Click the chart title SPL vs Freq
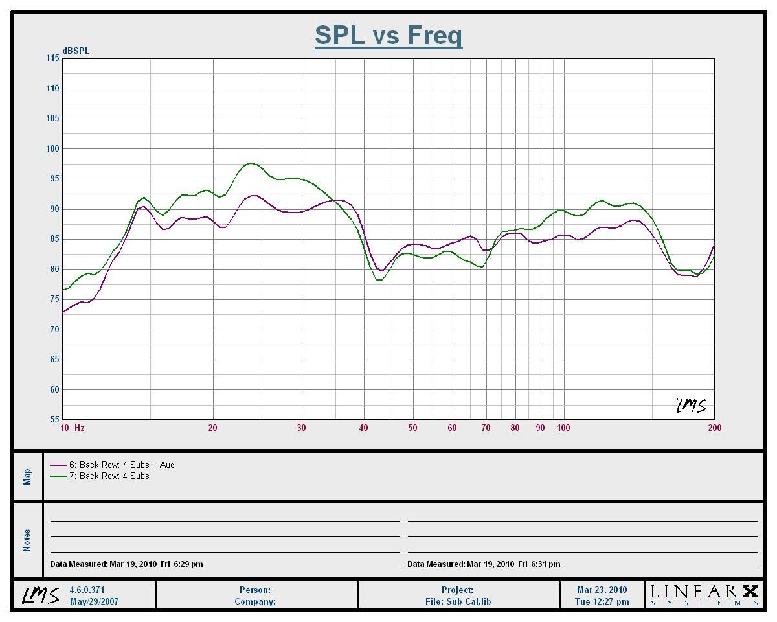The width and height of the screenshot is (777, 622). click(x=388, y=35)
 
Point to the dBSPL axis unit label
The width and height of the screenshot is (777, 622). click(x=76, y=51)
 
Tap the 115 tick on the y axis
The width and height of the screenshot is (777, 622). click(x=52, y=58)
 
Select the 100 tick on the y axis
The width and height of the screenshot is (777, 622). click(x=52, y=148)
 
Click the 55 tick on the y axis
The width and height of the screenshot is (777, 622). click(x=54, y=420)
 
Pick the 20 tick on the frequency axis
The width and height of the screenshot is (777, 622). click(x=212, y=428)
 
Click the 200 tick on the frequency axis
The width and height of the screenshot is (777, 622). click(x=714, y=428)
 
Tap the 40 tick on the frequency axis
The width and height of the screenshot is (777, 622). click(x=364, y=428)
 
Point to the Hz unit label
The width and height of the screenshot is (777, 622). click(x=80, y=428)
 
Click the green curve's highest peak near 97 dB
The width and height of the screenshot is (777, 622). click(x=251, y=163)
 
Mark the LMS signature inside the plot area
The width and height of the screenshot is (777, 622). click(x=691, y=406)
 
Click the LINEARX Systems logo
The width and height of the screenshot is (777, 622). click(x=704, y=594)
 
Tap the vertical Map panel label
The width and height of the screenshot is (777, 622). click(x=27, y=477)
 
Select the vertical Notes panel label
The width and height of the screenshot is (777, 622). click(x=27, y=540)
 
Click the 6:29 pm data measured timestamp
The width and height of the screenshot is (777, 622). click(x=126, y=564)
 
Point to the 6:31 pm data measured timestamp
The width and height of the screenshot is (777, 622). click(x=484, y=564)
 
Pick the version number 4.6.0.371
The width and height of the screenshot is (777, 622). click(x=87, y=590)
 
